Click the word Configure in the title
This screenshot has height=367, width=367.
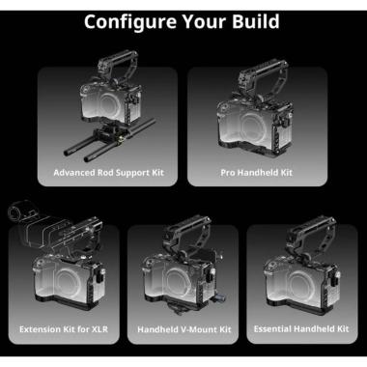coord(130,22)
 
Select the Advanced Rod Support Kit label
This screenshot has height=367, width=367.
coord(109,173)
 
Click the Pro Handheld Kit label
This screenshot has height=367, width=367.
coord(256,173)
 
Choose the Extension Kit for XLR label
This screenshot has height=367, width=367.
coord(64,329)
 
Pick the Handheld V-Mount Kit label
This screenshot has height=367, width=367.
coord(184,329)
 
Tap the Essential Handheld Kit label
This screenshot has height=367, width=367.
coord(301,328)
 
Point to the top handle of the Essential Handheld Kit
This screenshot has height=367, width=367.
coord(310,233)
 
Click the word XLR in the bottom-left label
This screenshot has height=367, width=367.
coord(100,329)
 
